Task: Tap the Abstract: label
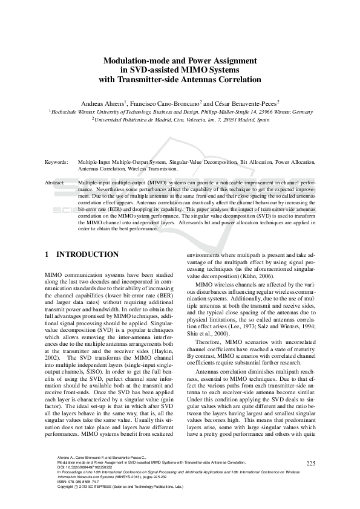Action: (56, 182)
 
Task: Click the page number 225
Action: (311, 464)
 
